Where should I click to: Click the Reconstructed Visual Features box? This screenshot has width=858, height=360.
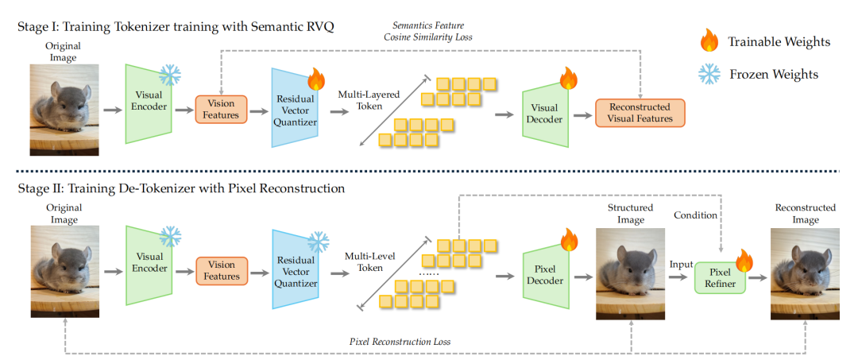[640, 113]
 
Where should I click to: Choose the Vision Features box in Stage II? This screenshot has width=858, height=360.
[222, 270]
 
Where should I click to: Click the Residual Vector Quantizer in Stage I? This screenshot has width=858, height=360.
[295, 112]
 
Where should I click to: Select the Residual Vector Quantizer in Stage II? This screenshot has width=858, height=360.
[296, 271]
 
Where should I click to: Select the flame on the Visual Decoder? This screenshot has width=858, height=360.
[568, 77]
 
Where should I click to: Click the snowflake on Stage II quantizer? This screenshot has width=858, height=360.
[318, 241]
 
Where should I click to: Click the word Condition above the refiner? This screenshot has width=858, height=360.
[696, 215]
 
